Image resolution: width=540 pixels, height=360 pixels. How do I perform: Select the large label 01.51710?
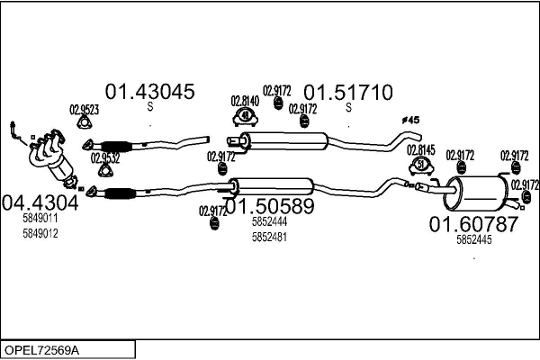click(347, 92)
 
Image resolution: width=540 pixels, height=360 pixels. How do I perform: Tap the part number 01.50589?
click(268, 207)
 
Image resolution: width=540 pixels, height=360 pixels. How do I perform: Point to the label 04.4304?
click(40, 202)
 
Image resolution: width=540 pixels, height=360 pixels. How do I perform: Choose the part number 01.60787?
click(472, 224)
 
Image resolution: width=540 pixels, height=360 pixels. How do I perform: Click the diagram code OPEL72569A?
click(44, 348)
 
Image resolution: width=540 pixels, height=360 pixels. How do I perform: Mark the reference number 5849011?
click(40, 218)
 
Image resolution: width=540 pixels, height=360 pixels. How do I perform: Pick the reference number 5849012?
click(40, 233)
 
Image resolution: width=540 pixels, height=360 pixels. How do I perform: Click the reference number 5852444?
click(269, 221)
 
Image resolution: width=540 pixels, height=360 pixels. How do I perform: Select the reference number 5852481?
click(269, 237)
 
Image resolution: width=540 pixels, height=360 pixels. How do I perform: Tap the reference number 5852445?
click(474, 239)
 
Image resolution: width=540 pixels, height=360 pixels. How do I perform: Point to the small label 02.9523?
click(84, 111)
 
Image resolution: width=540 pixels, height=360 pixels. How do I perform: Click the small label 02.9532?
click(105, 157)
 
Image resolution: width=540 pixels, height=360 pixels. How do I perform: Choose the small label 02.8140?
click(245, 101)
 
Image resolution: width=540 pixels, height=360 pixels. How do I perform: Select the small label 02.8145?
click(420, 150)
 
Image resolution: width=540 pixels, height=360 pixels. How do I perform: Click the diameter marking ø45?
click(409, 120)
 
